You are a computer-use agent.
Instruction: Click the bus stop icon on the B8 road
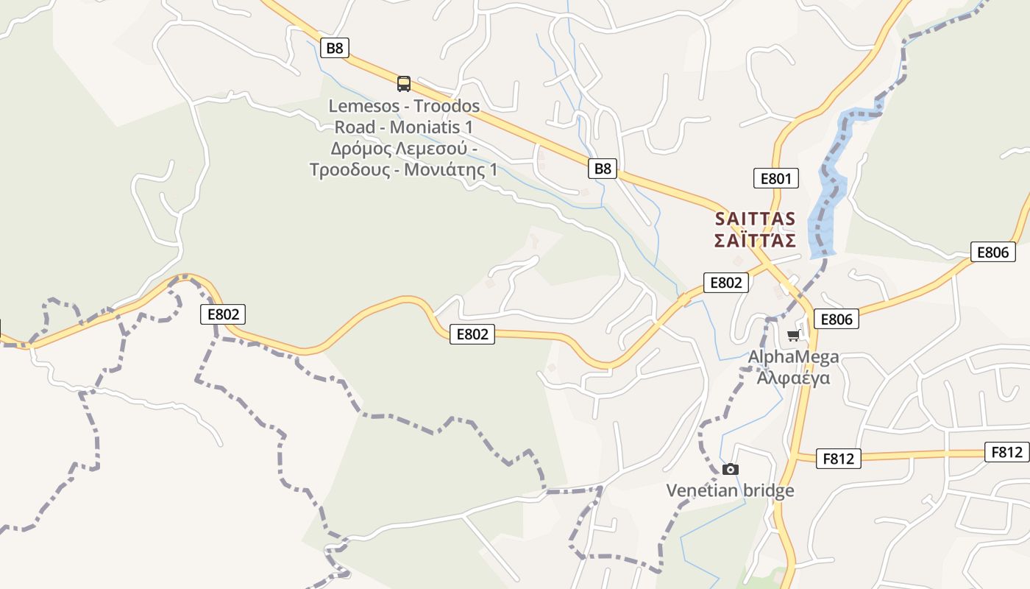404,84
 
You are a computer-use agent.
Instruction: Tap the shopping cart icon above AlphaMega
793,336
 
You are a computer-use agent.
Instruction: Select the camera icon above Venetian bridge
730,469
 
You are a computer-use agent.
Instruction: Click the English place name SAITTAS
755,219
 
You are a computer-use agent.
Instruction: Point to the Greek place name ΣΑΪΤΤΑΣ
755,241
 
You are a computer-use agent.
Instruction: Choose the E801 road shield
775,178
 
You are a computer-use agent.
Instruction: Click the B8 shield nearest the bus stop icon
335,49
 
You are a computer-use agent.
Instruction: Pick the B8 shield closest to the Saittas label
603,169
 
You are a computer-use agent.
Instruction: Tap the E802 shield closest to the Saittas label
726,283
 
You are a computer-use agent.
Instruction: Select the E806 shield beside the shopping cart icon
837,319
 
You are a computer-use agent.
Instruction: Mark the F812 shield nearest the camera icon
837,459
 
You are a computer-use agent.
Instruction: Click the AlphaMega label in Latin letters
793,357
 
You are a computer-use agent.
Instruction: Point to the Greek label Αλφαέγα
793,378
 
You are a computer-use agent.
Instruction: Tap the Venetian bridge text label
730,490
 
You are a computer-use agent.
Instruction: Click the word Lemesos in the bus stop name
361,106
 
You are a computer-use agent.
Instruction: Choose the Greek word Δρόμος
360,148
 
